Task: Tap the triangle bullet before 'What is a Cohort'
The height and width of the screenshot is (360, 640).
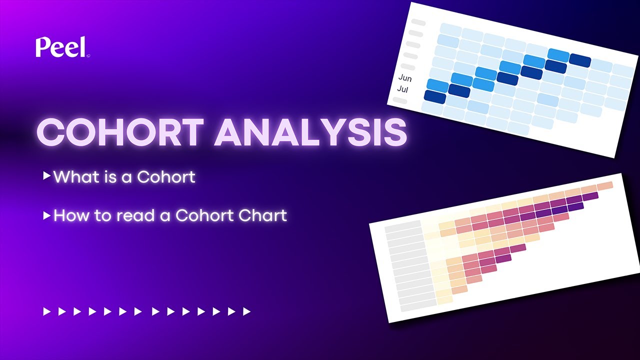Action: [46, 176]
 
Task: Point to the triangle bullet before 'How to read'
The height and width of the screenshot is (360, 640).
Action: [46, 215]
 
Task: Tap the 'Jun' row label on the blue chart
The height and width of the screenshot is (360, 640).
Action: [405, 78]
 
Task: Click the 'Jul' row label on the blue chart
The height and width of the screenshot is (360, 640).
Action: [402, 89]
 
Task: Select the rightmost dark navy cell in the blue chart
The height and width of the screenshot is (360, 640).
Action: [580, 60]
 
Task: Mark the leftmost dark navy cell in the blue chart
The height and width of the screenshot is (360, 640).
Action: [434, 96]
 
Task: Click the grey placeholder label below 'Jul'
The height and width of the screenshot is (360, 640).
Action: [400, 100]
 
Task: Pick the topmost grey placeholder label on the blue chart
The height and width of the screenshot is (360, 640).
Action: [418, 22]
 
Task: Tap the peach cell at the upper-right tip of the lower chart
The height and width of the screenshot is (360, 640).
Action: [604, 186]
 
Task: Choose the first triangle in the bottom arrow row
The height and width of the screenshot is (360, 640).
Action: [47, 312]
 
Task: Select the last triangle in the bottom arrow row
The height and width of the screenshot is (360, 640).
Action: [246, 312]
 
